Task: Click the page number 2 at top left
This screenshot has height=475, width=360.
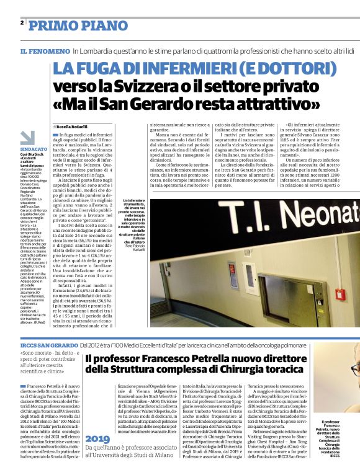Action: (x=22, y=22)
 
